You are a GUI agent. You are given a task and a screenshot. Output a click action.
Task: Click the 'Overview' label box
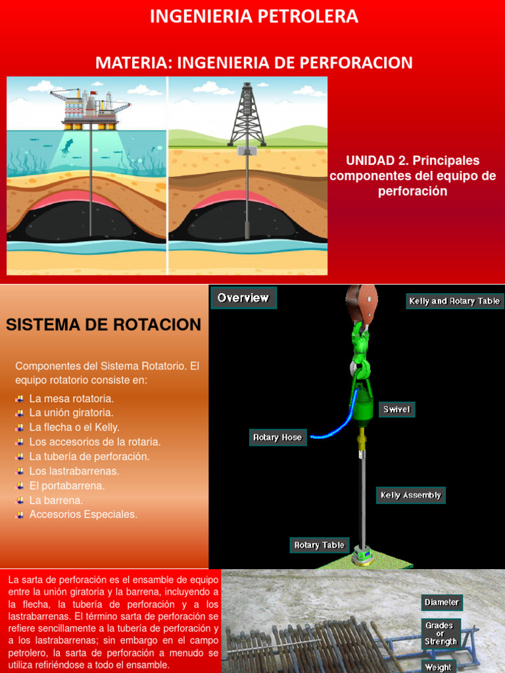243,298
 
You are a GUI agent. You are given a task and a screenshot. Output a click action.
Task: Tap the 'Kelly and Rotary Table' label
454,301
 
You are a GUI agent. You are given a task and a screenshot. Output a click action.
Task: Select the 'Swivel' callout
397,409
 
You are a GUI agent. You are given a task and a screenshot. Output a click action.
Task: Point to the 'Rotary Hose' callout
277,437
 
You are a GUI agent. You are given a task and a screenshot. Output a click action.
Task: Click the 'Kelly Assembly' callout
411,495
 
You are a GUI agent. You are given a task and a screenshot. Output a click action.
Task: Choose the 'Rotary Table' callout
319,545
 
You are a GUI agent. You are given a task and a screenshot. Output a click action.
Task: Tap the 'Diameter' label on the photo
441,602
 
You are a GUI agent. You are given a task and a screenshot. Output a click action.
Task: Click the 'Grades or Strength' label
441,634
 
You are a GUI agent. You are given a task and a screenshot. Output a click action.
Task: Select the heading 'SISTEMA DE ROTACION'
103,325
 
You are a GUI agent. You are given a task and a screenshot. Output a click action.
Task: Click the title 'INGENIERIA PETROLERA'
254,17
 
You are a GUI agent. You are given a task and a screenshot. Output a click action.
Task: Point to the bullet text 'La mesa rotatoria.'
72,398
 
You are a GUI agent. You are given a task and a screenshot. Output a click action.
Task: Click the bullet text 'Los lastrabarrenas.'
74,471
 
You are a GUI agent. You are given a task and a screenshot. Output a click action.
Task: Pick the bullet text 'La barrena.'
57,499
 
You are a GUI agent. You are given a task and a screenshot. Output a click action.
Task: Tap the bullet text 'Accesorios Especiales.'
84,514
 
